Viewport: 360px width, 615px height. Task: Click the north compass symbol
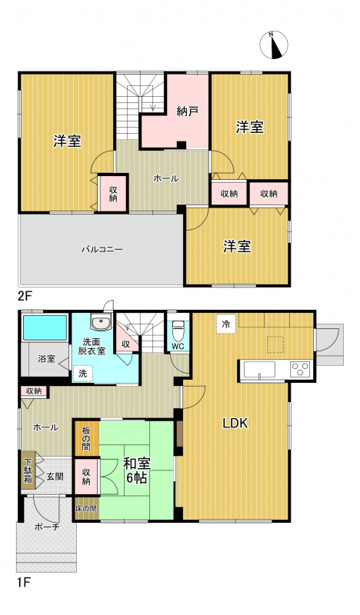274,45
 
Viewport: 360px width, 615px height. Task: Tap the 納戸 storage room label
187,111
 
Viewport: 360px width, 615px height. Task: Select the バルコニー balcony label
102,249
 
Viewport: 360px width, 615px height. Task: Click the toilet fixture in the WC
178,331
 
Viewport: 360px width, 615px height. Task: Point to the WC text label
178,347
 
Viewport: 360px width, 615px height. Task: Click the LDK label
235,424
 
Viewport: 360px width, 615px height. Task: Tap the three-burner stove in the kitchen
300,370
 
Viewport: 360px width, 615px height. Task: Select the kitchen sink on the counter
259,370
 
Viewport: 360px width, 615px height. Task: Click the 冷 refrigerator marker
225,324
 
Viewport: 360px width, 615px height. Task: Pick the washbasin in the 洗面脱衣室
101,322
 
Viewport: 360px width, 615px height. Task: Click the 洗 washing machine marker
83,374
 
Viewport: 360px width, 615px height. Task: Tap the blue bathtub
45,328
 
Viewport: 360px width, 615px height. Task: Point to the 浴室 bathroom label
47,358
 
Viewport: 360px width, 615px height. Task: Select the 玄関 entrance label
55,477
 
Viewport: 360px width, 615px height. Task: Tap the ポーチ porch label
47,527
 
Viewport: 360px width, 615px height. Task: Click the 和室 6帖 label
137,470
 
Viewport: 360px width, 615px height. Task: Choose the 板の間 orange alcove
86,438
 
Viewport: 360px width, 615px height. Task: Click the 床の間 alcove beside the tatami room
86,509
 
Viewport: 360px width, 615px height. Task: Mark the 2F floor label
25,296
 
